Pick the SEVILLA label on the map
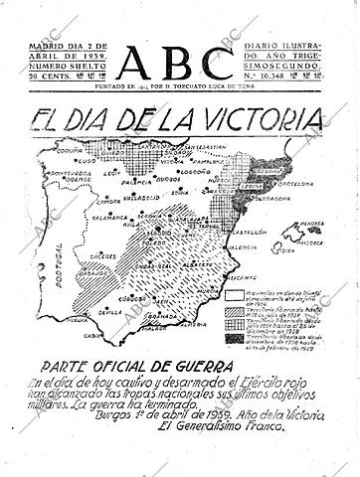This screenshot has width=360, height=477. (106, 311)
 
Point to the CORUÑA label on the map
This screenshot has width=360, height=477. (68, 154)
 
